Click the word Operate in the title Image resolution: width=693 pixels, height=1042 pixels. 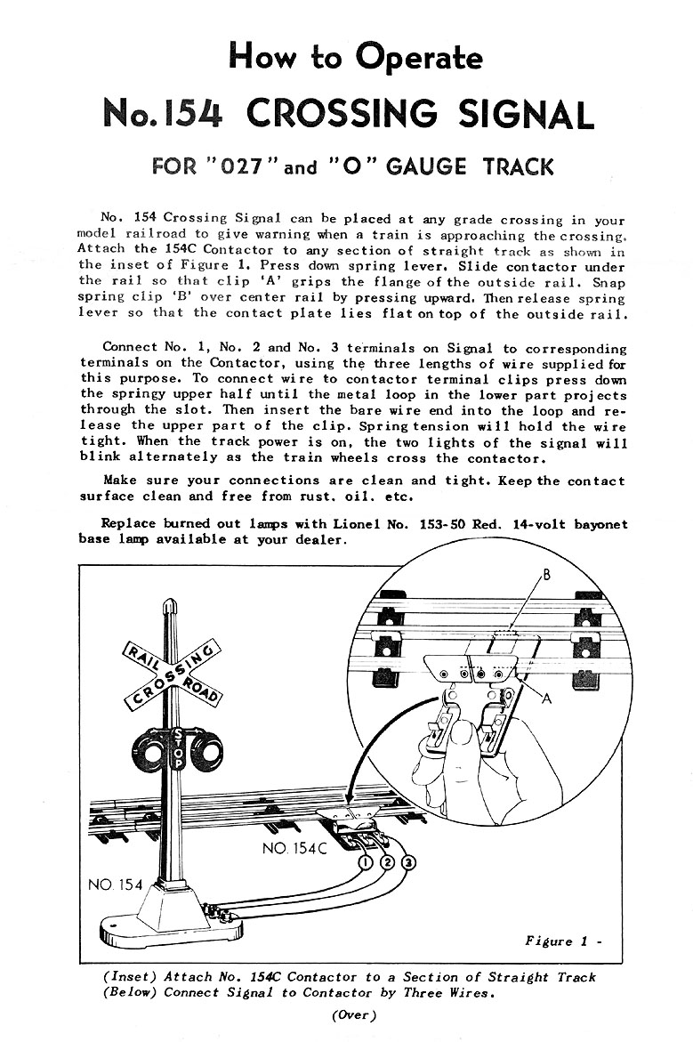tap(419, 59)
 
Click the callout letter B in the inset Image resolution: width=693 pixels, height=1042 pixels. tap(547, 576)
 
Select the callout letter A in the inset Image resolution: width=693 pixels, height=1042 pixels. tap(547, 699)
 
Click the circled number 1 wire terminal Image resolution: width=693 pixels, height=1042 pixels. tap(367, 862)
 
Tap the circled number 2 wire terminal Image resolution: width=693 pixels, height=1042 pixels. tap(388, 862)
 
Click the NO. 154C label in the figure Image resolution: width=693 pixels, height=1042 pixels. tap(294, 849)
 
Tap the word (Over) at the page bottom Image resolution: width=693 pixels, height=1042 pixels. tap(354, 1015)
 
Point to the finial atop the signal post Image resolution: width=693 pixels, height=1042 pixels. tap(168, 607)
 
